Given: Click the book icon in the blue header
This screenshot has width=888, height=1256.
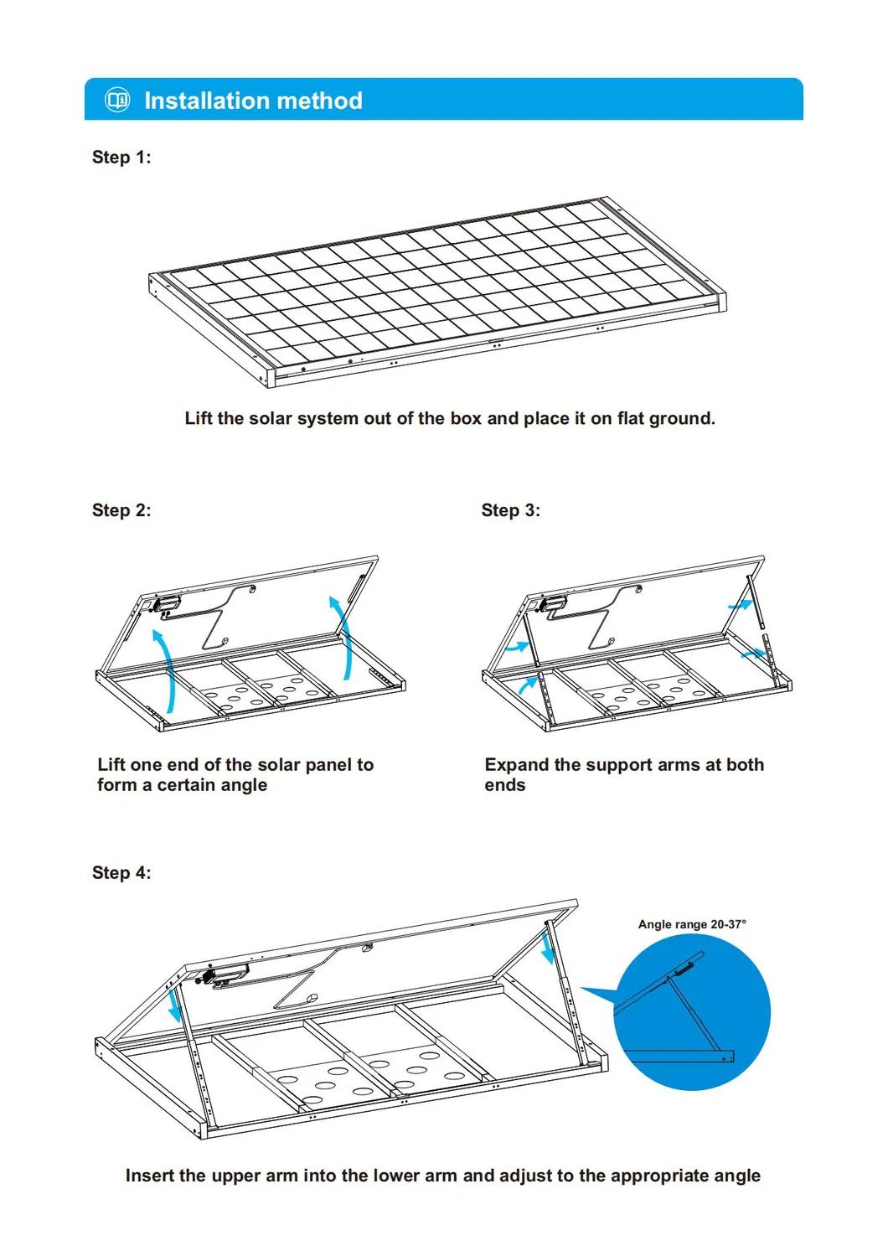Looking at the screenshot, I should tap(117, 100).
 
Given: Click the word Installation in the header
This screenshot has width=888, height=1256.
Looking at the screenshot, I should tap(206, 101).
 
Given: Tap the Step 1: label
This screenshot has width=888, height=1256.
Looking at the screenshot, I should tap(121, 158).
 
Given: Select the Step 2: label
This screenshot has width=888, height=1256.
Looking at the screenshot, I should tap(121, 510).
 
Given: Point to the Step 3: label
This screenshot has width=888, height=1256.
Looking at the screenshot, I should tap(510, 510).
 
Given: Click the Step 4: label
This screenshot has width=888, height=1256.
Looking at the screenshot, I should tap(121, 873).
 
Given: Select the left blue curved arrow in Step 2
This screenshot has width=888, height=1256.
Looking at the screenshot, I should tap(165, 670).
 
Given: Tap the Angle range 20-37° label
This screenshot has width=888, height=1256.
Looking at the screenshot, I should tap(691, 924).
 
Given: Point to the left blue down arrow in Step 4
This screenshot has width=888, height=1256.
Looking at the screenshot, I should tap(175, 1004).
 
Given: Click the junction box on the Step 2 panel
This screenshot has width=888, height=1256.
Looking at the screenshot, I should tap(167, 602).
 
